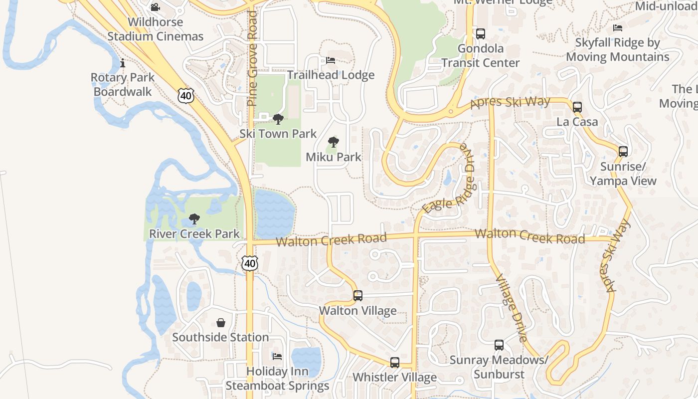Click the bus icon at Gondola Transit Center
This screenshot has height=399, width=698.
click(x=480, y=34)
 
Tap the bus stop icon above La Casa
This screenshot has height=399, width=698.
click(x=577, y=107)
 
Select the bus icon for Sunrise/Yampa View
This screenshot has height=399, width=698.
click(x=623, y=152)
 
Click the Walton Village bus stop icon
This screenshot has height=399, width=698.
click(x=357, y=296)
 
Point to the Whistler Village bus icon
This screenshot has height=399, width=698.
click(x=394, y=363)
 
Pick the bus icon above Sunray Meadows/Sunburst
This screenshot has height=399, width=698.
click(x=499, y=345)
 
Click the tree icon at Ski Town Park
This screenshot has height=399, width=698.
click(x=278, y=119)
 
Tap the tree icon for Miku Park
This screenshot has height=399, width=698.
click(x=333, y=142)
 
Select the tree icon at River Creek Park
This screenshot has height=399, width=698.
click(x=194, y=219)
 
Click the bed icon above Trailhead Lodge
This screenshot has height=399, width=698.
click(x=331, y=60)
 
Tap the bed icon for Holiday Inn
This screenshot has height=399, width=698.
click(x=277, y=356)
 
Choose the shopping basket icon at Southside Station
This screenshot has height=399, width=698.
click(x=220, y=323)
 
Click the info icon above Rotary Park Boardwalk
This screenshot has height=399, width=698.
click(x=123, y=63)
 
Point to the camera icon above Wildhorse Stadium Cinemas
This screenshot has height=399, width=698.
click(x=155, y=7)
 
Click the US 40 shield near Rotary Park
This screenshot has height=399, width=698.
click(x=185, y=95)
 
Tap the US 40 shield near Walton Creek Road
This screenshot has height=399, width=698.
click(x=250, y=263)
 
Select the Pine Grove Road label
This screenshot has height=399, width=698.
click(x=252, y=58)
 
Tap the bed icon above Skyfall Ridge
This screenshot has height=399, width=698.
click(x=618, y=28)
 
